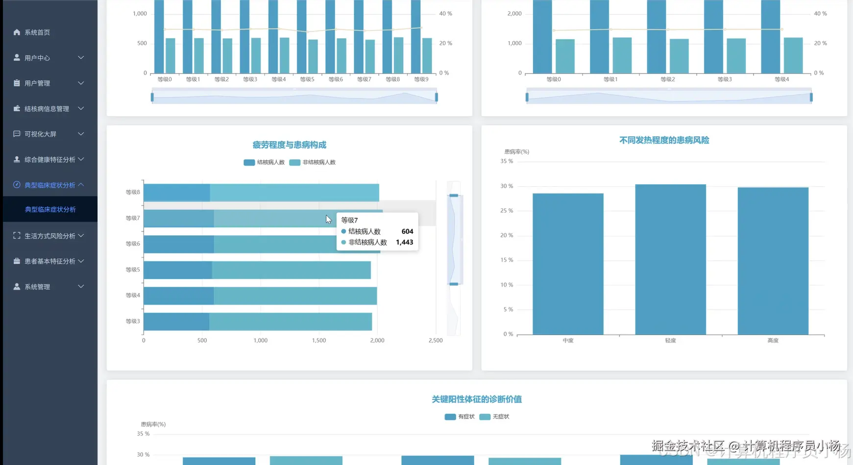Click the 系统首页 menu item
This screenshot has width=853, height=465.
pyautogui.click(x=37, y=32)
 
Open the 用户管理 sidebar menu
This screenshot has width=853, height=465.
pyautogui.click(x=37, y=83)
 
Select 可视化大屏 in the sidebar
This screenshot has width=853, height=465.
pyautogui.click(x=40, y=134)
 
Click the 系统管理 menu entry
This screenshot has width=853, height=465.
pyautogui.click(x=37, y=287)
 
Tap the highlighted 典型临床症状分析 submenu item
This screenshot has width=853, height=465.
pyautogui.click(x=50, y=209)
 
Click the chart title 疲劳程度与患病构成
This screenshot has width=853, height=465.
pyautogui.click(x=289, y=145)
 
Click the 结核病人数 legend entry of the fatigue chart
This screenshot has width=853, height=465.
pyautogui.click(x=265, y=162)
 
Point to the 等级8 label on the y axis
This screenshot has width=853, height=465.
pyautogui.click(x=133, y=192)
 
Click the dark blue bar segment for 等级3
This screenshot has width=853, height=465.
pyautogui.click(x=176, y=321)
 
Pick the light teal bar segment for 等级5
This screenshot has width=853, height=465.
pyautogui.click(x=291, y=270)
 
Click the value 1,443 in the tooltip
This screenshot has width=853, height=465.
pyautogui.click(x=404, y=242)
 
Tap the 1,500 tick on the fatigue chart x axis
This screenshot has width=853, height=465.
pyautogui.click(x=319, y=340)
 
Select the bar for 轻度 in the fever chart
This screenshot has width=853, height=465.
pyautogui.click(x=670, y=260)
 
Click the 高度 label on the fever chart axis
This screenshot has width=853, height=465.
pyautogui.click(x=773, y=340)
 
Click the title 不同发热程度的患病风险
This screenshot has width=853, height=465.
pyautogui.click(x=664, y=140)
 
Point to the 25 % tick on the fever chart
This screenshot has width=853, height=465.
pyautogui.click(x=507, y=211)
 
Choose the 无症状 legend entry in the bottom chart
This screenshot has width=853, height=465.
pyautogui.click(x=495, y=416)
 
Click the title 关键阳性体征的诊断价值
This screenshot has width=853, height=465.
pyautogui.click(x=476, y=399)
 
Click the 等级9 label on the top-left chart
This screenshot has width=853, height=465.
pyautogui.click(x=421, y=79)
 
